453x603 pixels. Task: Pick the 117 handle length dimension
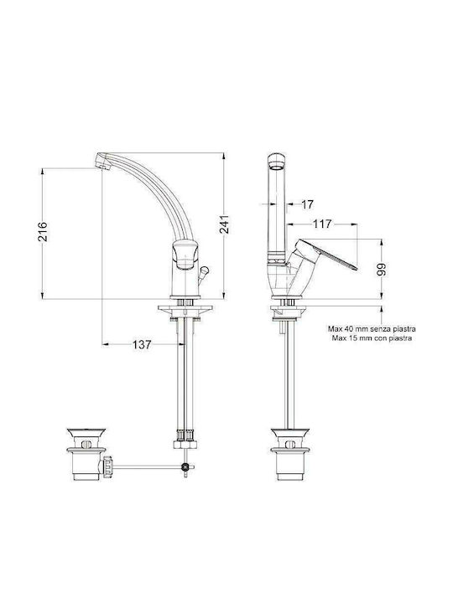pyautogui.click(x=321, y=224)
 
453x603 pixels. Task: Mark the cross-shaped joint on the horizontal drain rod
pyautogui.click(x=185, y=466)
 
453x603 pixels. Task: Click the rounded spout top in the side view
pyautogui.click(x=274, y=161)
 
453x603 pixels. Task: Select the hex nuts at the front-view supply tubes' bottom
pyautogui.click(x=185, y=435)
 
